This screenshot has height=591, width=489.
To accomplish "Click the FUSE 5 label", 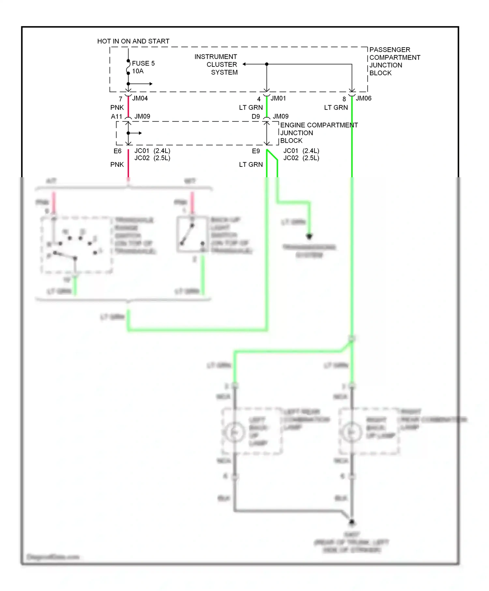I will tap(143, 63).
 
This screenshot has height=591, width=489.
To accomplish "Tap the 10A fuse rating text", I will tap(138, 71).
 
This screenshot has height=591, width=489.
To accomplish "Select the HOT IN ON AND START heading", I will tap(133, 41).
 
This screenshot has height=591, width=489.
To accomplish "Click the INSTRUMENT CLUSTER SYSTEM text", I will tap(216, 65).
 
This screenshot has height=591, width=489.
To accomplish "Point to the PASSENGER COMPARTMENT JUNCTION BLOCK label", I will tap(394, 61).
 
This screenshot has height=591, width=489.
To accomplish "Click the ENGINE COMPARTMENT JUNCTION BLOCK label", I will tap(319, 133).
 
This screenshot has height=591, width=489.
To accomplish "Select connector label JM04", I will tap(140, 98).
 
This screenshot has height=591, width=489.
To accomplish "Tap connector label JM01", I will tap(278, 98).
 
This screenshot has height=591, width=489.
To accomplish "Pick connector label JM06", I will tap(363, 98).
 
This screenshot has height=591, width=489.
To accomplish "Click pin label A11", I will tap(116, 117).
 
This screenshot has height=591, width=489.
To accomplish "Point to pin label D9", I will tap(256, 117).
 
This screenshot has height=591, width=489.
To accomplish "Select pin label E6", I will tap(117, 151).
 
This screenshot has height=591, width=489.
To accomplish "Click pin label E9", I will tap(256, 151).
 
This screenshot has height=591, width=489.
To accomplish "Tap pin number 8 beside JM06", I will tap(344, 99).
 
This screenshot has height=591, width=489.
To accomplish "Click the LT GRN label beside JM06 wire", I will tap(336, 108).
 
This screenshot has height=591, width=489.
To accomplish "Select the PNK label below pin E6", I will tap(117, 165).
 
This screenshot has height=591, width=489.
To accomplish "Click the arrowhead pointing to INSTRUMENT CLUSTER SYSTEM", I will tap(244, 64).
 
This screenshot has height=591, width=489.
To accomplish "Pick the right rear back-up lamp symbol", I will tap(351, 432).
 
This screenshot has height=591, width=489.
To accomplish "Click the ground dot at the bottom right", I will tap(352, 522).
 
